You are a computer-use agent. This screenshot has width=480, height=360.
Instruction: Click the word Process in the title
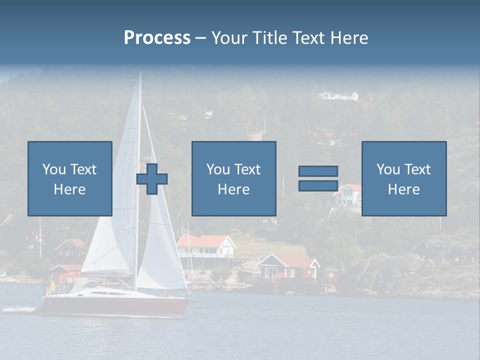pyautogui.click(x=157, y=38)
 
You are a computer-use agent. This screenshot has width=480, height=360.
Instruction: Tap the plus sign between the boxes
pyautogui.click(x=152, y=179)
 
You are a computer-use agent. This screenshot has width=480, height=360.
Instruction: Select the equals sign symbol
pyautogui.click(x=318, y=178)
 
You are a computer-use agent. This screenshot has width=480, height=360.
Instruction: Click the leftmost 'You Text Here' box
pyautogui.click(x=70, y=178)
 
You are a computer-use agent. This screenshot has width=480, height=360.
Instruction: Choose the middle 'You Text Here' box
pyautogui.click(x=233, y=178)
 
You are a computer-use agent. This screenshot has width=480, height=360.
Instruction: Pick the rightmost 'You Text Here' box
pyautogui.click(x=403, y=178)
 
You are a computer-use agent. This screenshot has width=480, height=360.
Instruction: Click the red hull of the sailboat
pyautogui.click(x=115, y=306)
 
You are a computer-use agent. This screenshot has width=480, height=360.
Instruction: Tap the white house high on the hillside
pyautogui.click(x=338, y=95)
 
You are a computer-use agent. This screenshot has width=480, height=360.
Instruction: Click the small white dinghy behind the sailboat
pyautogui.click(x=19, y=310)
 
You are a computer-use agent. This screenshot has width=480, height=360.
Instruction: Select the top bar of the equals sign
pyautogui.click(x=318, y=171)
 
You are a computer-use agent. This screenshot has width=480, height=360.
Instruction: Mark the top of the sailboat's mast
pyautogui.click(x=140, y=73)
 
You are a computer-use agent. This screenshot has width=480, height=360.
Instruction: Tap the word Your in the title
pyautogui.click(x=228, y=38)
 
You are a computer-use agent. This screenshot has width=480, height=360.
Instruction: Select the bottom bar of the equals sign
pyautogui.click(x=318, y=185)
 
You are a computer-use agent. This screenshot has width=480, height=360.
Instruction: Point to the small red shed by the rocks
pyautogui.click(x=330, y=273)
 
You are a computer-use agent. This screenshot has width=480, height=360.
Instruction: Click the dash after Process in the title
pyautogui.click(x=200, y=38)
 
